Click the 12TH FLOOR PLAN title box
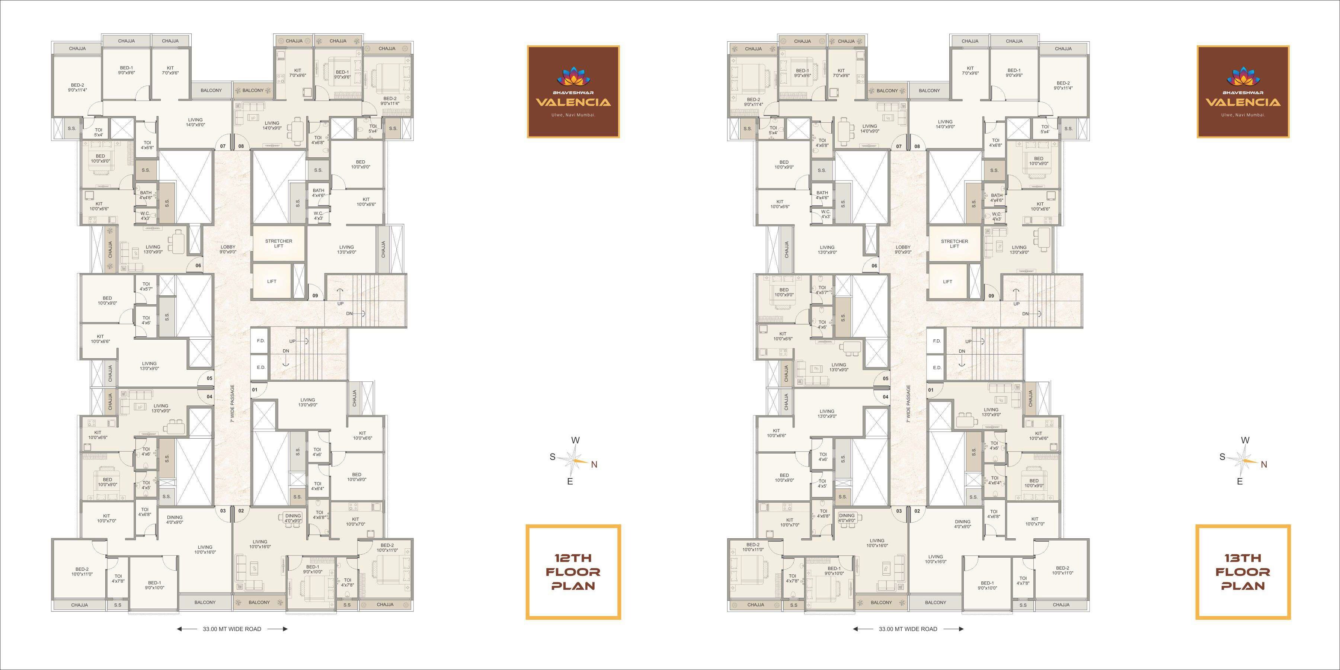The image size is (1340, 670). click(573, 572)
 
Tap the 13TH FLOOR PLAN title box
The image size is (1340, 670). click(1243, 572)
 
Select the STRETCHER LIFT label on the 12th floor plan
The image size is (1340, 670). click(278, 243)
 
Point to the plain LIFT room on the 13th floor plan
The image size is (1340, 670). click(947, 281)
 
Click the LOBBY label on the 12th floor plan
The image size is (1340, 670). click(228, 249)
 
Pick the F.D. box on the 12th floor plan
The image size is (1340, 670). click(260, 341)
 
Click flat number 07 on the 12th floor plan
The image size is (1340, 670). click(223, 146)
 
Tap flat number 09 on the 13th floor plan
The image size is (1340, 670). click(991, 296)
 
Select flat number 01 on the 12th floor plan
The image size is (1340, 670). click(255, 390)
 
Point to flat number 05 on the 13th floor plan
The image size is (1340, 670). click(885, 379)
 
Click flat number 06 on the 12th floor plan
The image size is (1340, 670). click(198, 266)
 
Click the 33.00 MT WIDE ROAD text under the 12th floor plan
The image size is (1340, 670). click(232, 629)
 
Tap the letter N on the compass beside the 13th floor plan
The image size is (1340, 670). click(1264, 465)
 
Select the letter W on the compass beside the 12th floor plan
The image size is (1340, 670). click(575, 440)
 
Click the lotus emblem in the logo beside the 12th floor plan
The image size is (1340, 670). click(573, 77)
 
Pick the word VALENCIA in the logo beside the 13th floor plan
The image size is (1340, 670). click(1243, 102)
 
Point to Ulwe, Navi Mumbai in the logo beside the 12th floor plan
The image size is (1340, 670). click(573, 115)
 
